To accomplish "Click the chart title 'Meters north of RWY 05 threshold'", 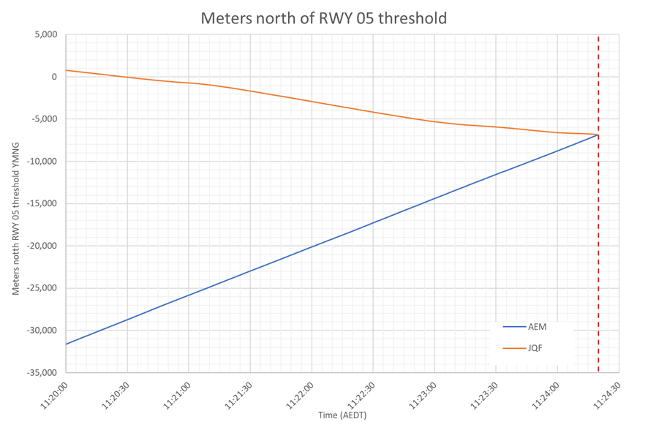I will tap(323, 18).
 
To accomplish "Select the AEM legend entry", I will tap(537, 327).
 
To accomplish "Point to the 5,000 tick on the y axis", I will tap(45, 34).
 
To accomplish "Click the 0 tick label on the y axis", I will tap(53, 77).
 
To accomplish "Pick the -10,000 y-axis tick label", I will tap(42, 162).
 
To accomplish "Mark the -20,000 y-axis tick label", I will tap(42, 246).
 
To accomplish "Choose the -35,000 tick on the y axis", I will tap(42, 373).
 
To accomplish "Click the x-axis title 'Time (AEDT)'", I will tap(342, 415).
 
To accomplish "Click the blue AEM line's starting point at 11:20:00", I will tap(67, 344).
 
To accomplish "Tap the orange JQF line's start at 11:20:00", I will tap(67, 70).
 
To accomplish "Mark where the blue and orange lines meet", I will tap(598, 135).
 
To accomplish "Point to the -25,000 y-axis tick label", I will tap(42, 288).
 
